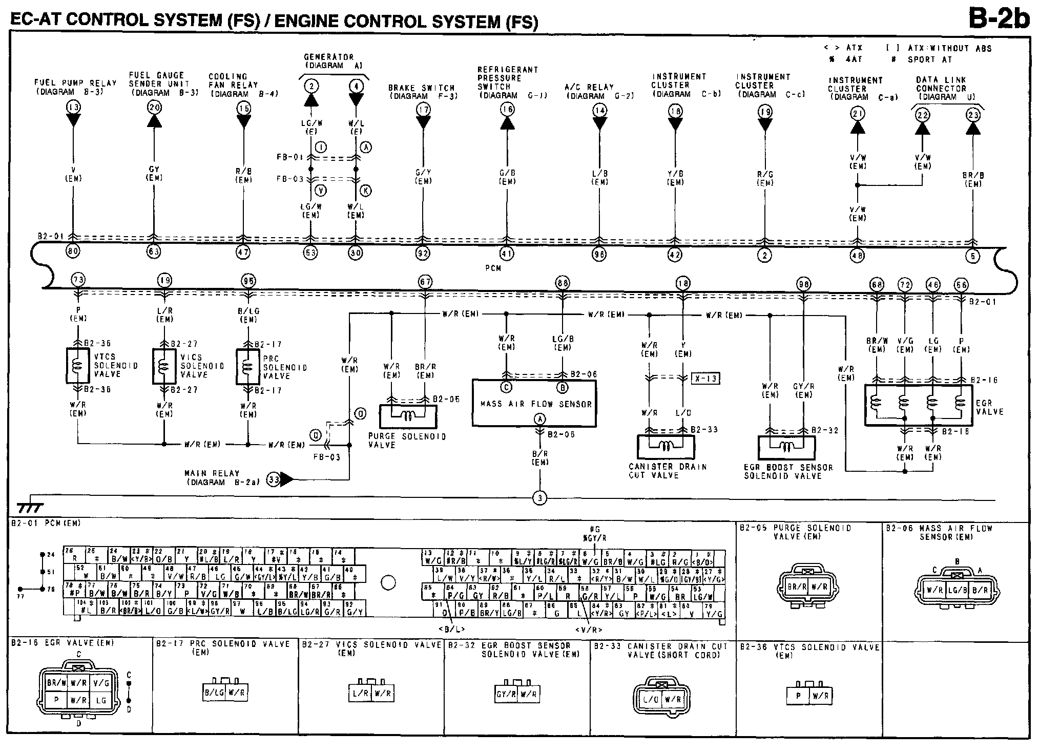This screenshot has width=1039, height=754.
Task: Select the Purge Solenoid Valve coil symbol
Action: [408, 416]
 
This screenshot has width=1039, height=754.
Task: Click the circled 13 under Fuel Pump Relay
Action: [73, 107]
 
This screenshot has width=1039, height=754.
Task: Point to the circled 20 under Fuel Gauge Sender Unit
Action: [154, 107]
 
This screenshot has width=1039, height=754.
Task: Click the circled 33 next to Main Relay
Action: [274, 479]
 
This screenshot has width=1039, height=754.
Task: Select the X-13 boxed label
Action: [705, 379]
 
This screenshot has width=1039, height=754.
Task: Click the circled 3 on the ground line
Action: [539, 498]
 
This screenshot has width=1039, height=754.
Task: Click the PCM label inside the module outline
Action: [492, 268]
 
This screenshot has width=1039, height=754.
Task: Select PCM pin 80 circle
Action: [73, 252]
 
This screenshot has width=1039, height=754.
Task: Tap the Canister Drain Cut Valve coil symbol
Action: [666, 447]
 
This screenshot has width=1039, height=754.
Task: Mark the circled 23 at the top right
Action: [972, 115]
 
